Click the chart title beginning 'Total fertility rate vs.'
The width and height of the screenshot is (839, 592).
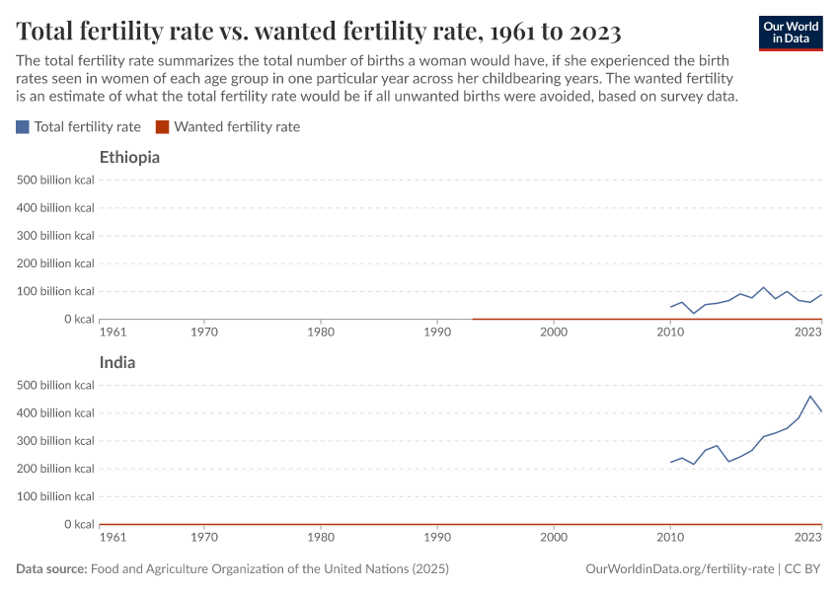click(318, 32)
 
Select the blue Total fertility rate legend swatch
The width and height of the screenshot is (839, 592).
click(23, 127)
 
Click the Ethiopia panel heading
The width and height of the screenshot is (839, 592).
click(129, 157)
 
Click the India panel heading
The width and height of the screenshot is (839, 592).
click(117, 362)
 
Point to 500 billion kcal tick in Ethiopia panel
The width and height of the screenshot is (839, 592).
click(55, 180)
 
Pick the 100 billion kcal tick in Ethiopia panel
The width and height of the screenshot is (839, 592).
click(55, 291)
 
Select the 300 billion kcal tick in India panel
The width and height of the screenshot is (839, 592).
click(55, 441)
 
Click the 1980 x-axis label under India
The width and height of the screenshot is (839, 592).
click(320, 539)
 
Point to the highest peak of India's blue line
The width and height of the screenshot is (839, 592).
click(810, 397)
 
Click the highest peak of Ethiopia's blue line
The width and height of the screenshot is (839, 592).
click(763, 288)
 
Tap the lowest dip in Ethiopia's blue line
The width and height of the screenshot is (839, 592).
click(694, 313)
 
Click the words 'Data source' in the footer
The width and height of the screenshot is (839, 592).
click(51, 569)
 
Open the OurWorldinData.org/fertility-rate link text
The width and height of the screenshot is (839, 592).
click(679, 569)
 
